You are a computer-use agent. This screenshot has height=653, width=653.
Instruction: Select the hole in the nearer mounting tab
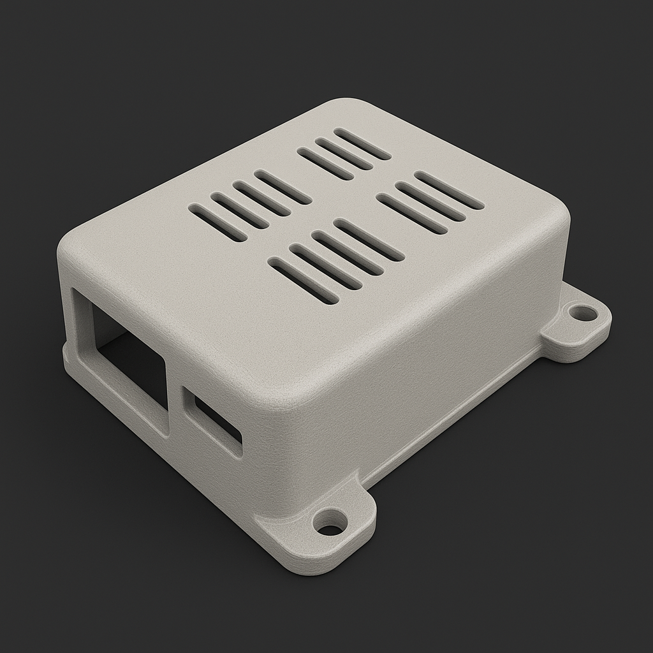pos(330,527)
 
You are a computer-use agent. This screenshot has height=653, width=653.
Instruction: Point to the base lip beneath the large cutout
pos(115,402)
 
